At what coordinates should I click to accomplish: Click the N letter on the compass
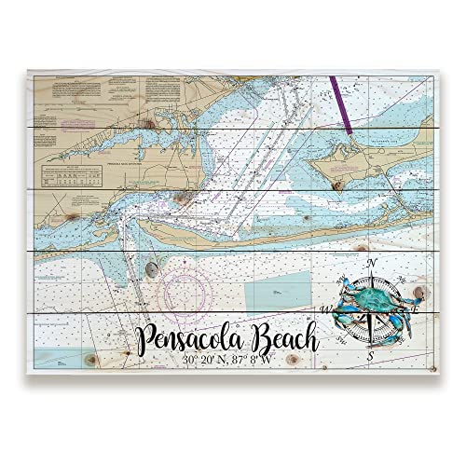[x=371, y=264]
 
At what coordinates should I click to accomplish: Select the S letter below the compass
[x=371, y=356]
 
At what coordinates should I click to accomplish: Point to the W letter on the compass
[x=325, y=308]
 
